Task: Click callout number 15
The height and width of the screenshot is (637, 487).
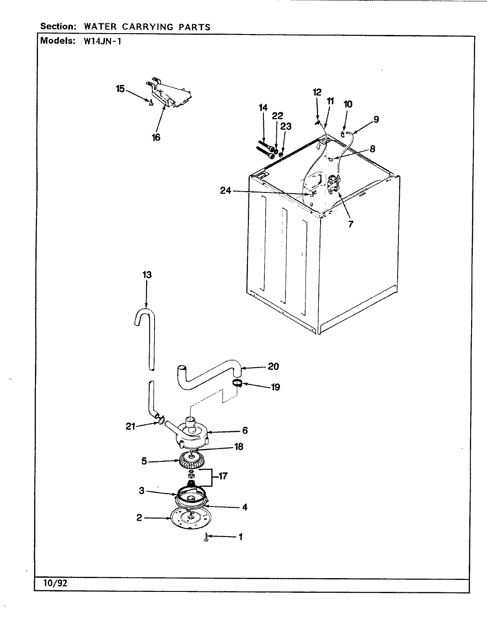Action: (120, 88)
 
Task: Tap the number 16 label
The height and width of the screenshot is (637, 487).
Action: (156, 137)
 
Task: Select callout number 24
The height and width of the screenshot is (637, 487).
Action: (226, 191)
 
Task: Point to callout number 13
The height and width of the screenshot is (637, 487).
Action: (147, 275)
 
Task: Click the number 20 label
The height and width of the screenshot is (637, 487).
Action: (273, 366)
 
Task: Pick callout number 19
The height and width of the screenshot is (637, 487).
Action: (275, 387)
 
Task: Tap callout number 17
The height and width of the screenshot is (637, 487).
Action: (223, 476)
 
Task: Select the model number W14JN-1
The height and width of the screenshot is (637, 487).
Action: (102, 41)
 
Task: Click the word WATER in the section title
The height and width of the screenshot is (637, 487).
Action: (100, 27)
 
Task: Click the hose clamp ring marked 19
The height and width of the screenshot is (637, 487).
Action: (237, 383)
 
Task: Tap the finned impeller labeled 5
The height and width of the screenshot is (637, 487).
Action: (192, 460)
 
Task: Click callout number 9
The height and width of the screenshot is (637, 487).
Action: (376, 119)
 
